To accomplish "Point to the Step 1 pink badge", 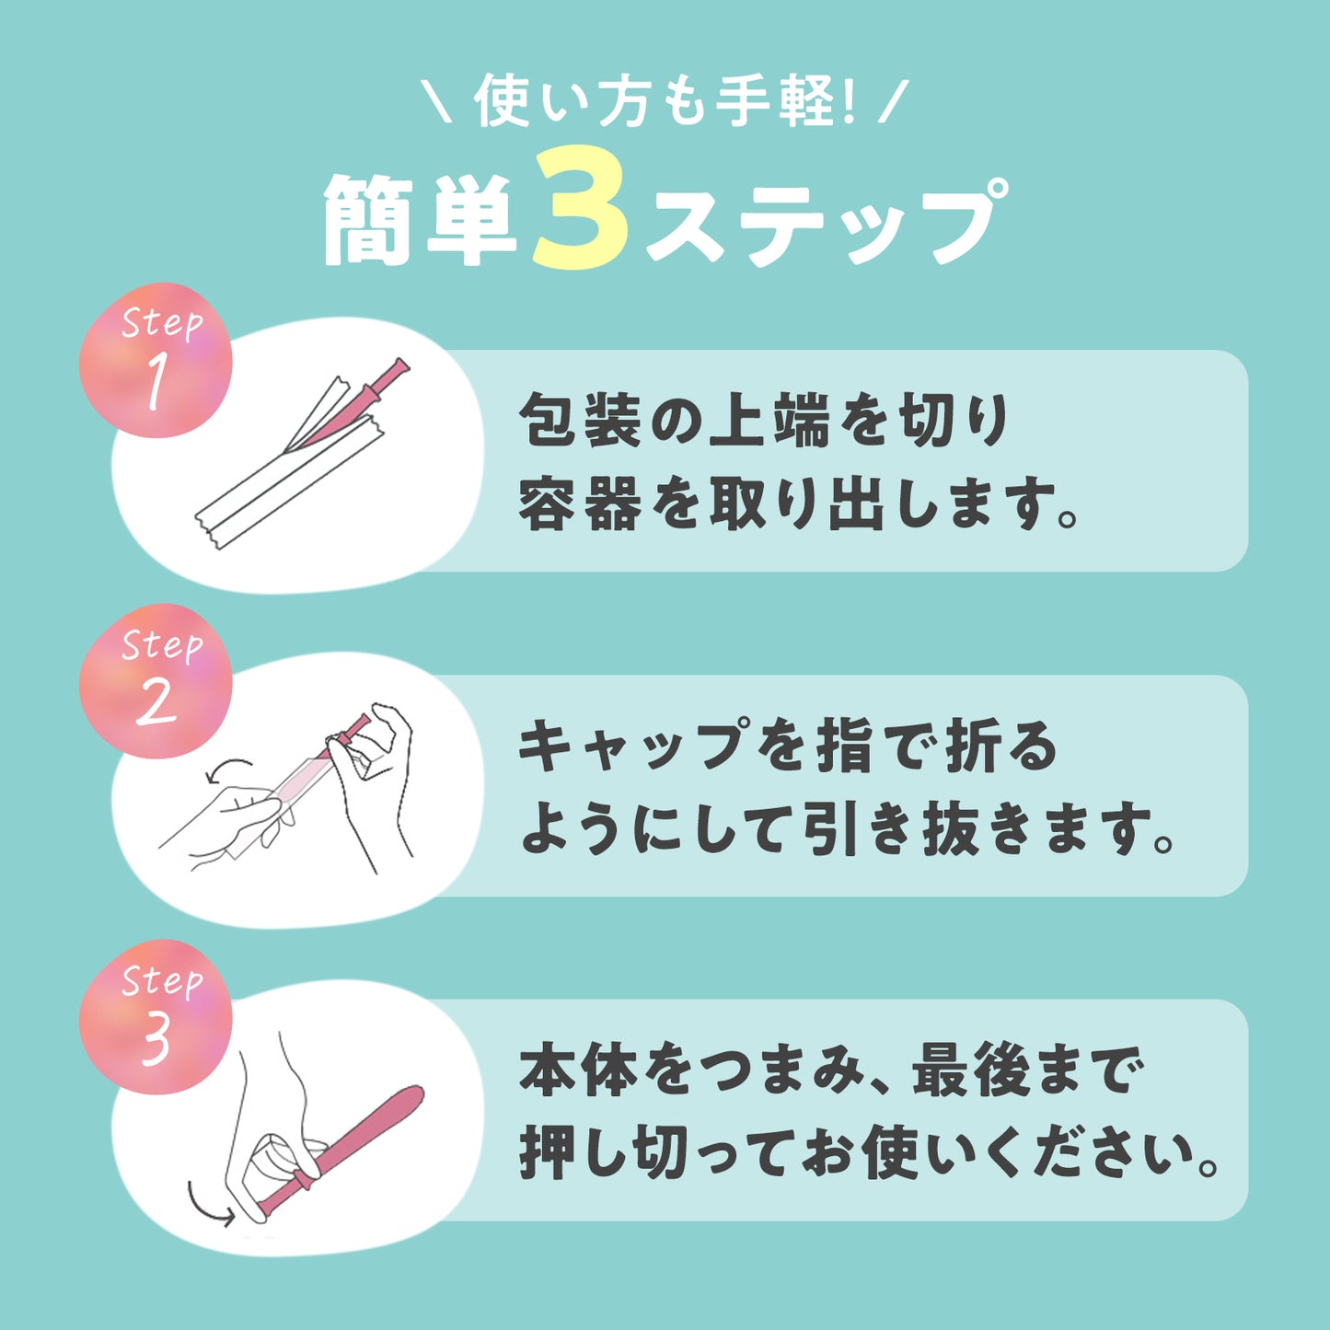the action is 156,360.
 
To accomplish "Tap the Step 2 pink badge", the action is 156,681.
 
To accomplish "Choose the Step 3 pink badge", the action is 156,1016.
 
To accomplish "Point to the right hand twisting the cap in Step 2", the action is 373,780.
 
